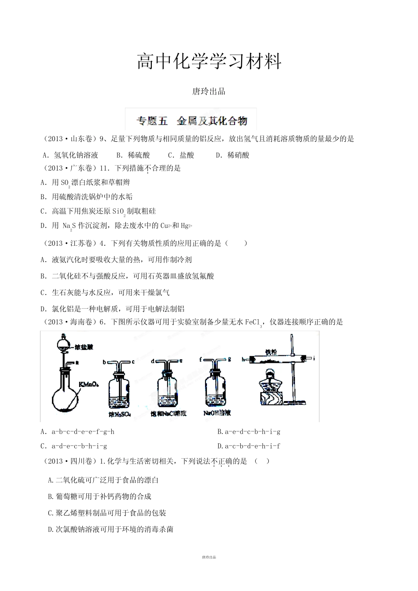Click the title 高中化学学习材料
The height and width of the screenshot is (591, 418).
point(209,62)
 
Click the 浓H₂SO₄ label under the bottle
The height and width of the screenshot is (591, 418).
point(118,414)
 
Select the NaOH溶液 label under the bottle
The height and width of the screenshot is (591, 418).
point(217,413)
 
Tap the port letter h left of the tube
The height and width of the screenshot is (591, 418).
point(243,359)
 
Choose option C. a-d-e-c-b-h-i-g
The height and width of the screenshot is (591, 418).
point(74,446)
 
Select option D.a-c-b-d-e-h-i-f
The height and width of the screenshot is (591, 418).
point(249,446)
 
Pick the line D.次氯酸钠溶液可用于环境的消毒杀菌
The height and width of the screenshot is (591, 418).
point(110,529)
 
